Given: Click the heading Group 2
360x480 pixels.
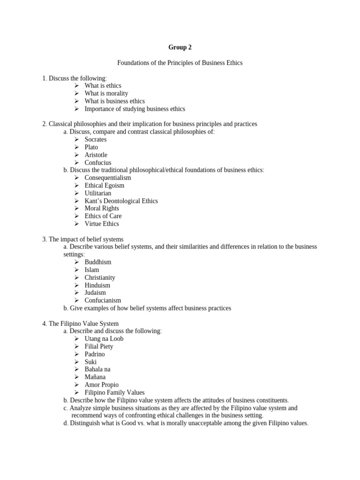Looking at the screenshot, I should (180, 47).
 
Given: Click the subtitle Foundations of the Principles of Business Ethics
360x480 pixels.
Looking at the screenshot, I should (180, 63).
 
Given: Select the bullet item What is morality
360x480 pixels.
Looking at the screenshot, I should (106, 93).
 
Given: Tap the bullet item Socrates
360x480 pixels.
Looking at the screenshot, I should (96, 139).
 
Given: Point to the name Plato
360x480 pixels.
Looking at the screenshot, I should (91, 147).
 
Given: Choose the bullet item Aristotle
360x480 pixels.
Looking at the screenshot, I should (96, 155).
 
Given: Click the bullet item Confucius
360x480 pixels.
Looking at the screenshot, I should (98, 163).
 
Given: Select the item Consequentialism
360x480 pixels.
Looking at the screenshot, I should (108, 178).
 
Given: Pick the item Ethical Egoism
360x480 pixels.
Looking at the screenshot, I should (105, 186).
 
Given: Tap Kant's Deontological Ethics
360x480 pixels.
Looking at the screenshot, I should (121, 201).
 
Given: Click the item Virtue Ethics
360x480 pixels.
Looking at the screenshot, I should (102, 224).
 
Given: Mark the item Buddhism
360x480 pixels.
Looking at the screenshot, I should (98, 262).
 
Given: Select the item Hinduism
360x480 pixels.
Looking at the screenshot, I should (97, 285).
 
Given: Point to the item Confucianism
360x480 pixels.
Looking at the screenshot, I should (103, 300).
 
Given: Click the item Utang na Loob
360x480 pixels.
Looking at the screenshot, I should (104, 339).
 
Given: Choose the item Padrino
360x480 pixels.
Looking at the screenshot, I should (95, 354).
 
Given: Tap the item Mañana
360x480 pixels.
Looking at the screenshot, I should (95, 377).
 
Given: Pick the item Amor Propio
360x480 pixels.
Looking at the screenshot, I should (102, 385).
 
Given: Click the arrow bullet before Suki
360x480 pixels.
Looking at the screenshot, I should (77, 362).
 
